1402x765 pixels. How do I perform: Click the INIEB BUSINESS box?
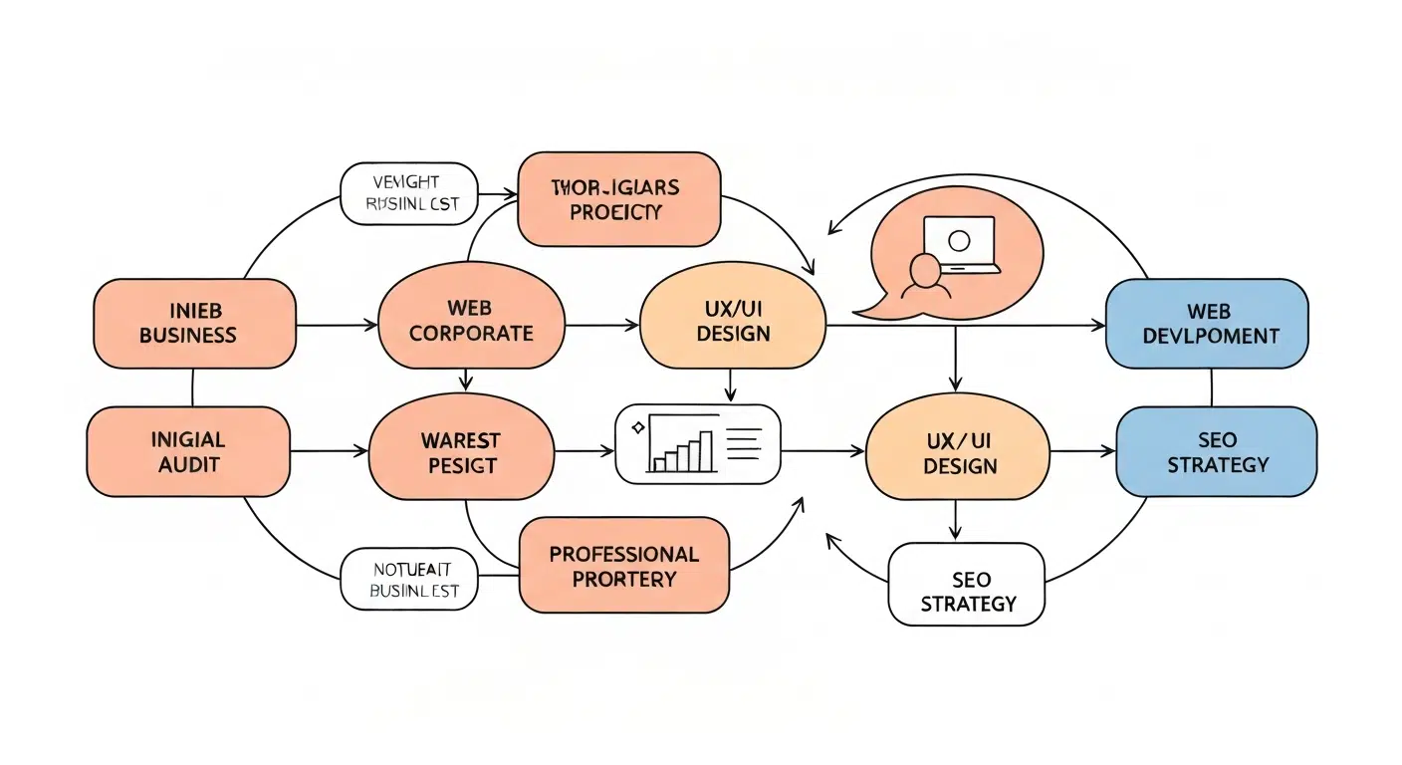(194, 323)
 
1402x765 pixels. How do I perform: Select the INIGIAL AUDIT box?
(188, 451)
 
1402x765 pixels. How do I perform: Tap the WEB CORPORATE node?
(471, 321)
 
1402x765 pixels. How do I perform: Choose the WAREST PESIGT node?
(460, 452)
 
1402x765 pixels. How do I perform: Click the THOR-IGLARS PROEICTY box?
(619, 199)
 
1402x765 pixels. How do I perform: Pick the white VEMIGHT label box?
(409, 193)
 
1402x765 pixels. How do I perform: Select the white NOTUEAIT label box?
(409, 579)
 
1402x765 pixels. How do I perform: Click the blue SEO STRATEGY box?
(1216, 451)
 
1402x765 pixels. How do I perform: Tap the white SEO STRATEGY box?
(967, 584)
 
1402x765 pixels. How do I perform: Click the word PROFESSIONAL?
(623, 554)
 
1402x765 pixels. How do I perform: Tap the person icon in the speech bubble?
(924, 274)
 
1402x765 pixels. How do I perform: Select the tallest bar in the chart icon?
(705, 450)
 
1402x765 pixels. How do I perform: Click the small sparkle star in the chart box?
(637, 427)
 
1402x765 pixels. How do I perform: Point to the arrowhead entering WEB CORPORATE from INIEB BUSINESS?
(372, 324)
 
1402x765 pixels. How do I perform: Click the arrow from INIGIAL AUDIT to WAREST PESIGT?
(329, 452)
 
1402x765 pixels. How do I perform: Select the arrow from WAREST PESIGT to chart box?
(584, 452)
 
